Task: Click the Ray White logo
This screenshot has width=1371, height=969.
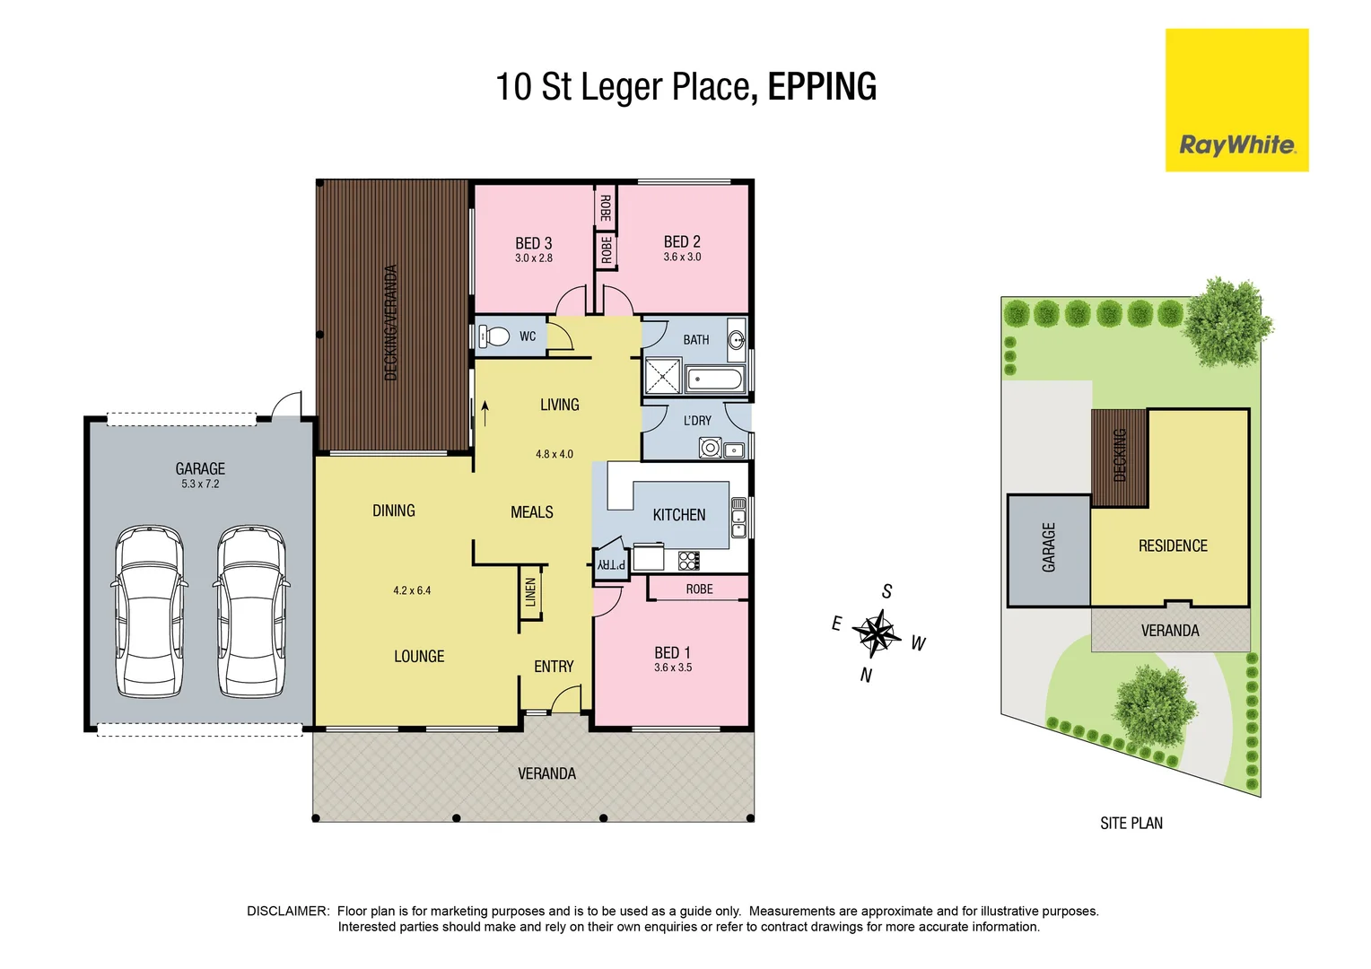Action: tap(1236, 144)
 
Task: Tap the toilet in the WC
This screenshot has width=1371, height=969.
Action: tap(493, 336)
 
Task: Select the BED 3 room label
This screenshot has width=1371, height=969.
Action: tap(533, 243)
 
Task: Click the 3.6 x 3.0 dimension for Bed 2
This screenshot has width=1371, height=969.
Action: tap(682, 257)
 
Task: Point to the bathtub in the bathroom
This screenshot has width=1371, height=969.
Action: tap(714, 380)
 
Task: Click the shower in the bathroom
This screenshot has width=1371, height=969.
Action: tap(663, 376)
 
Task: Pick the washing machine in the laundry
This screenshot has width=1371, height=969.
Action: tap(711, 447)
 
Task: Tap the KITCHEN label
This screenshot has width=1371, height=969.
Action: tap(678, 515)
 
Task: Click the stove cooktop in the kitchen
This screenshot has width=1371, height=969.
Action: tap(688, 561)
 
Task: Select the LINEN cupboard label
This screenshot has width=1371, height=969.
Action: tap(530, 592)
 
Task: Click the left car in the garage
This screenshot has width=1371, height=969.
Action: tap(149, 611)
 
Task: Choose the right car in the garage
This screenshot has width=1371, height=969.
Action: tap(251, 611)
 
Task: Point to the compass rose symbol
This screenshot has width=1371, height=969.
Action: tap(877, 633)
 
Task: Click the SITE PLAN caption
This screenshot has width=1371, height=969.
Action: tap(1131, 823)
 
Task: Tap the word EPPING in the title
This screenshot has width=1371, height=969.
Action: tap(822, 87)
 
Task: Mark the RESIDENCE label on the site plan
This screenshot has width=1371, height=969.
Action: tap(1172, 546)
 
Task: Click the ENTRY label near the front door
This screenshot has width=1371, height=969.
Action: tap(554, 667)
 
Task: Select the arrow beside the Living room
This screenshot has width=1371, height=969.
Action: tap(485, 412)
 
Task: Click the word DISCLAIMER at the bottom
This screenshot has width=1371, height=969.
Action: tap(288, 911)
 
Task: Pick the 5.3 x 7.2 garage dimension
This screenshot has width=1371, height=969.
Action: tap(200, 484)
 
